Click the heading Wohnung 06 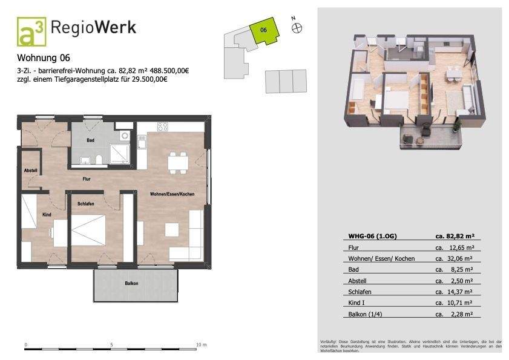(44, 59)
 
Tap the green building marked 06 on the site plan (264, 31)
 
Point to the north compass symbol (297, 27)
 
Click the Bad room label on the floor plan (90, 140)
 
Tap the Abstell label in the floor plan (30, 171)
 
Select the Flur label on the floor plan (87, 178)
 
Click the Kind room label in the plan (47, 214)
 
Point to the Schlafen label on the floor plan (86, 204)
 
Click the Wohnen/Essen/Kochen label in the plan (172, 193)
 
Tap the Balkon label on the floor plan (131, 283)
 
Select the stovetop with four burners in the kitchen (163, 127)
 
